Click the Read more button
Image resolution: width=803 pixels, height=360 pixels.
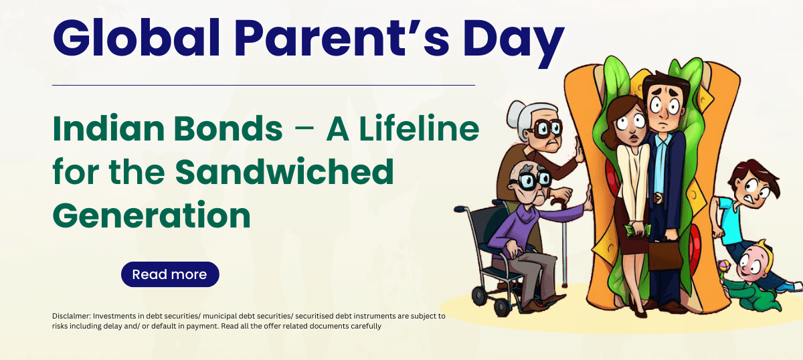click(x=170, y=274)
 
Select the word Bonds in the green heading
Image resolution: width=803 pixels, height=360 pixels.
click(x=228, y=128)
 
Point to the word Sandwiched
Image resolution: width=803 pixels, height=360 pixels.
click(x=284, y=171)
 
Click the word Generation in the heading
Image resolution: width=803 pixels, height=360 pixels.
click(x=152, y=215)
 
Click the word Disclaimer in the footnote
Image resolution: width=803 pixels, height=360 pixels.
click(x=72, y=316)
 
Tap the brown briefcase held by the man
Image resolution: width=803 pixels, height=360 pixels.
click(x=665, y=255)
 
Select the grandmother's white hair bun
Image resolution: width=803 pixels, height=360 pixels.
click(x=515, y=114)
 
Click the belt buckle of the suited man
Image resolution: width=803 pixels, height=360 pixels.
click(x=657, y=198)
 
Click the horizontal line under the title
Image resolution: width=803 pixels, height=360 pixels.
click(x=264, y=86)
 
